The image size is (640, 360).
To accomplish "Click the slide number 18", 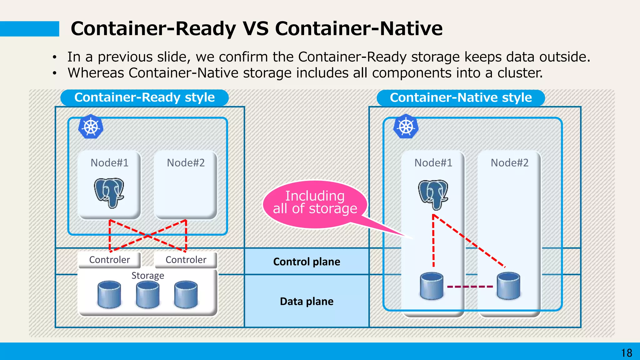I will point(626,353).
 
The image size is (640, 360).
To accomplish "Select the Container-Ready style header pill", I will point(144,97).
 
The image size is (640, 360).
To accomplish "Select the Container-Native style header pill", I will point(461,97).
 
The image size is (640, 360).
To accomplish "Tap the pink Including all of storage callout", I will point(315,202).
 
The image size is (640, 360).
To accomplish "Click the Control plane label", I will point(307,262).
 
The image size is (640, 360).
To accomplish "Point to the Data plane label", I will point(307,301).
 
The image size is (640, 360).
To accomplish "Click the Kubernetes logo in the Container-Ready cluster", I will point(91,127).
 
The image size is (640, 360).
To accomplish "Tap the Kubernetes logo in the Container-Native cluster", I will point(406,127).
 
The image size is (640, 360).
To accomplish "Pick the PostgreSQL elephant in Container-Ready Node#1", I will point(109,192).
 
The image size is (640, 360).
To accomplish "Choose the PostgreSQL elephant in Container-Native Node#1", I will point(433,194).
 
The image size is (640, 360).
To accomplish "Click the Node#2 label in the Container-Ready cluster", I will point(186,163).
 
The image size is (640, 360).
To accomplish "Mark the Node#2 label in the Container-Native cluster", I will point(509,163).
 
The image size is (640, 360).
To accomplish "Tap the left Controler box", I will point(109,260).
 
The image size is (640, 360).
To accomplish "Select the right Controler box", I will point(186,260).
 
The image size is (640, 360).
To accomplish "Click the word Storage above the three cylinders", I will point(147,276).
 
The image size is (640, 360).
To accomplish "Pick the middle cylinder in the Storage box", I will point(147,294).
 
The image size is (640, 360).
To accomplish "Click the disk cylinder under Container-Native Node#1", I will point(432,286).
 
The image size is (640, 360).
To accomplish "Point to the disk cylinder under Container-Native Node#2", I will point(508,286).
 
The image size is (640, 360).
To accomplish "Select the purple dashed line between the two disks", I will point(470,286).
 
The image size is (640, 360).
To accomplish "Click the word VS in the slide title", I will point(255,28).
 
